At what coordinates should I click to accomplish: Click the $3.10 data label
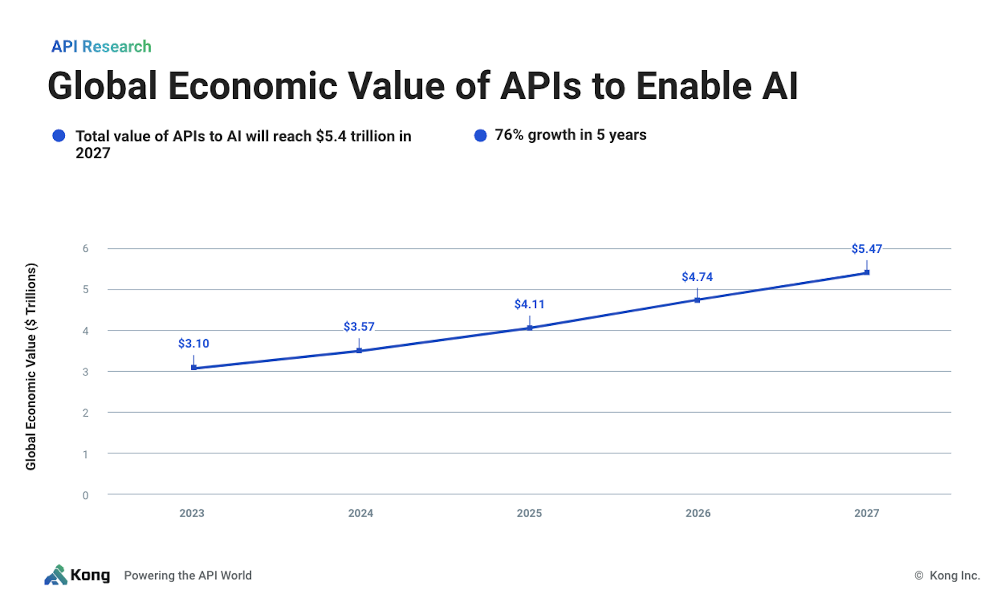pyautogui.click(x=193, y=343)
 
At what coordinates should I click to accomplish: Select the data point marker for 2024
pyautogui.click(x=359, y=351)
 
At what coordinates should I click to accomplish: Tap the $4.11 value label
pyautogui.click(x=529, y=304)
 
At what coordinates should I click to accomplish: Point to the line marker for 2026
pyautogui.click(x=697, y=300)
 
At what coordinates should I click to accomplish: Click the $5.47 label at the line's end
pyautogui.click(x=866, y=249)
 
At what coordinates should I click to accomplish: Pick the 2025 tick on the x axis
pyautogui.click(x=529, y=513)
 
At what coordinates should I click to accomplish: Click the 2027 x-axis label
pyautogui.click(x=866, y=513)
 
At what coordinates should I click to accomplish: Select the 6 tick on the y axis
pyautogui.click(x=85, y=249)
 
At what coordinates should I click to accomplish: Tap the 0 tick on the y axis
pyautogui.click(x=85, y=495)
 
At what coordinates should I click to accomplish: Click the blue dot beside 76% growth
pyautogui.click(x=480, y=135)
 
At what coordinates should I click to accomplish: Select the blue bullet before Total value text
pyautogui.click(x=59, y=136)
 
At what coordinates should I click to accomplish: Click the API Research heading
pyautogui.click(x=101, y=47)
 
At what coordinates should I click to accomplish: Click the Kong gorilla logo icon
pyautogui.click(x=56, y=575)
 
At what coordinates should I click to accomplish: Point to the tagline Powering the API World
pyautogui.click(x=188, y=575)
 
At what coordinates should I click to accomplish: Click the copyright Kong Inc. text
pyautogui.click(x=947, y=575)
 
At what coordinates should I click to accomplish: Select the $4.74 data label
pyautogui.click(x=697, y=277)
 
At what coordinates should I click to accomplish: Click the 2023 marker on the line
pyautogui.click(x=193, y=368)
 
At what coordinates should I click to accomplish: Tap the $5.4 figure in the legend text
pyautogui.click(x=331, y=136)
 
